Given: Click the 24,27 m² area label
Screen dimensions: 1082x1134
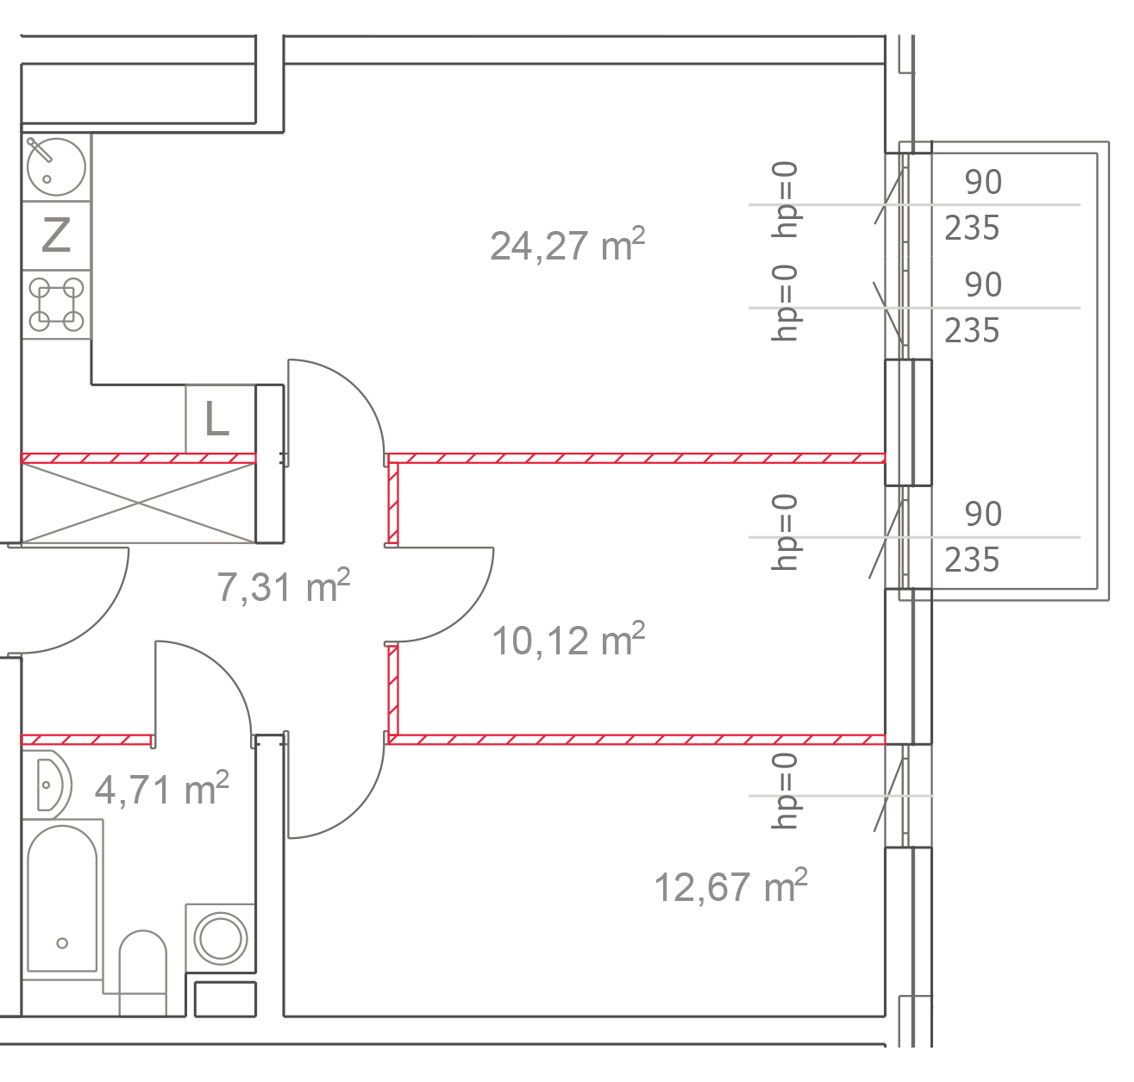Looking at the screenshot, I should coord(567,245).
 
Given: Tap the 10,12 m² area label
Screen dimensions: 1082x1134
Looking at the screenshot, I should coord(567,640).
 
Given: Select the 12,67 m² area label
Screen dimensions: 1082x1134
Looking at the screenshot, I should coord(730,885).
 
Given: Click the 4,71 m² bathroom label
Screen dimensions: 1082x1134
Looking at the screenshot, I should coord(161,788).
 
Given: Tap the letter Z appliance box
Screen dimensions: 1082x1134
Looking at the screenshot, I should coord(56,235).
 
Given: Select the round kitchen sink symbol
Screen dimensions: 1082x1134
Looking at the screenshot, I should coord(56,167).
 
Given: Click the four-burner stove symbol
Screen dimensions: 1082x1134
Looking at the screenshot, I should coord(57,304).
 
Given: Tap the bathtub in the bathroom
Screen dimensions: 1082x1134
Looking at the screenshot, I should coord(62,897).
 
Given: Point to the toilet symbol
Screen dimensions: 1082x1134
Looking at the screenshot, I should coord(142,970).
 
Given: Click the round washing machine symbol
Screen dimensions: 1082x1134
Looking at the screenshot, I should coord(221,937).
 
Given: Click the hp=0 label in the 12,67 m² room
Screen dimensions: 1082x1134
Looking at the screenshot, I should coord(786,790).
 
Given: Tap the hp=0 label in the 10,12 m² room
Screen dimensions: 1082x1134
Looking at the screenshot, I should coord(786,532).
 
